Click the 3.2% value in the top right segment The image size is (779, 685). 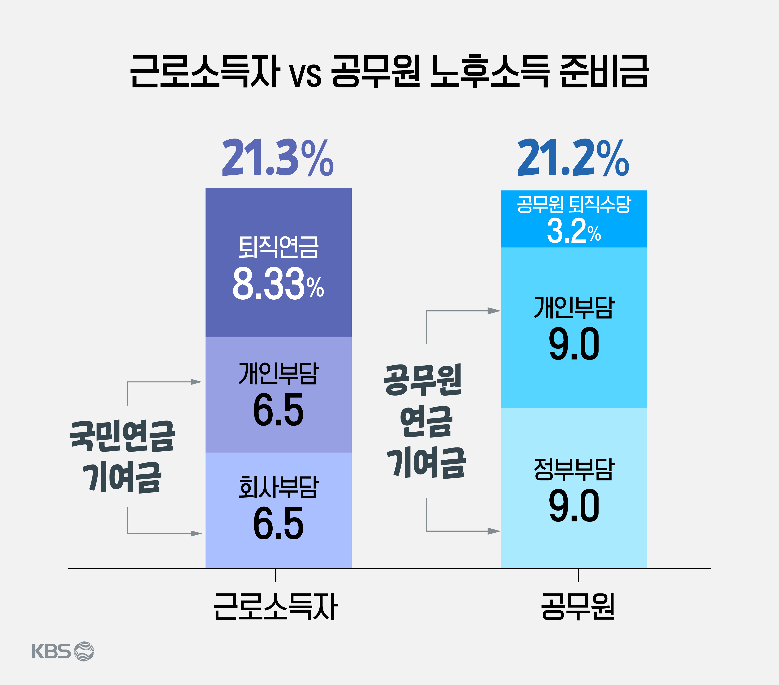coord(574,231)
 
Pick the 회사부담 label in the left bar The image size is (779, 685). coord(278,487)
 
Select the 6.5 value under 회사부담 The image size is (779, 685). coord(278,523)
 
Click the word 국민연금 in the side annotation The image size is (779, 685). coord(122,437)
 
